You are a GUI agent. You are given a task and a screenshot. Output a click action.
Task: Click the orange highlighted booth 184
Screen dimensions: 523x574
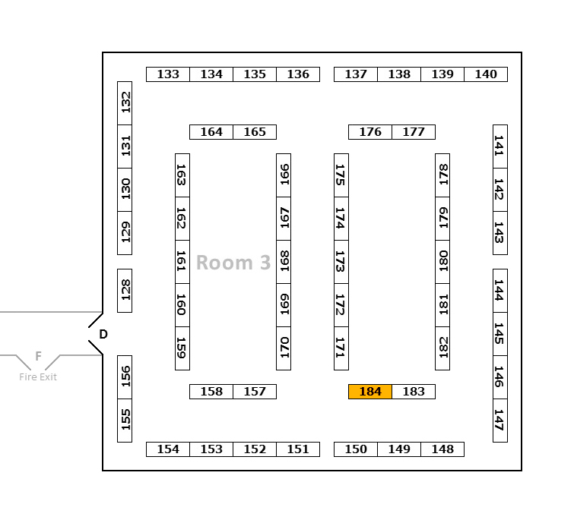click(370, 392)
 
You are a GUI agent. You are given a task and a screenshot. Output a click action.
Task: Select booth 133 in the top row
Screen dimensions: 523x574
click(168, 74)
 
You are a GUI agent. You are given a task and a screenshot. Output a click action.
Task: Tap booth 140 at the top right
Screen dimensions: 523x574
click(486, 74)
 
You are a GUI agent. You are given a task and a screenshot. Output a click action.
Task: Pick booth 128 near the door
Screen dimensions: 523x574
click(125, 290)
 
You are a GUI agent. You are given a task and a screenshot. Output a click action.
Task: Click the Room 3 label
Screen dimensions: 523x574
click(233, 263)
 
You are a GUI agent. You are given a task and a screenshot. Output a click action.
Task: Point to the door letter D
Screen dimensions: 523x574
click(103, 334)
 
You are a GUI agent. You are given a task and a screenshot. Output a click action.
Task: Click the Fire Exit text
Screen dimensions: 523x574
click(38, 377)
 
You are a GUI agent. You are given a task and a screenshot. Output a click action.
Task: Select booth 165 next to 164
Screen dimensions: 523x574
click(255, 132)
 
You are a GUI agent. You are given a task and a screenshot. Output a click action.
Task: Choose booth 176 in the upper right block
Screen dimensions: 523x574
click(370, 132)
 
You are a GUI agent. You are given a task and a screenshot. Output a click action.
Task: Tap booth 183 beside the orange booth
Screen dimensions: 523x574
click(414, 392)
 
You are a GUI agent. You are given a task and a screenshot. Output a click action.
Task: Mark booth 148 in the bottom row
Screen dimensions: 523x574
click(442, 449)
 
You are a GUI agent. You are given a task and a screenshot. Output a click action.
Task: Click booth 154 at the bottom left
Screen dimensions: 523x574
click(168, 449)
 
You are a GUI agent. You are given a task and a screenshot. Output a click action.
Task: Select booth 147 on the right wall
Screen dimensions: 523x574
click(499, 420)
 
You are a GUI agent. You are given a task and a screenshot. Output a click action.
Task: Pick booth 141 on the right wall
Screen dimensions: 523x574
click(499, 147)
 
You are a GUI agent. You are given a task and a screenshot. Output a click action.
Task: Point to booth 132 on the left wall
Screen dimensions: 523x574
click(125, 102)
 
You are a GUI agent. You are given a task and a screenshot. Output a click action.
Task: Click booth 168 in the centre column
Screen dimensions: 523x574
click(284, 262)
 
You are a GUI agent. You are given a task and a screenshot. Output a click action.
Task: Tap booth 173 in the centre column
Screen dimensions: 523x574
click(341, 262)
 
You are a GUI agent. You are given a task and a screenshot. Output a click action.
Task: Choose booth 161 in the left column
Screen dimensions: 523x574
click(182, 262)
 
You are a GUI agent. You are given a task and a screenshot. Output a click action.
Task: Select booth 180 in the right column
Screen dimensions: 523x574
click(442, 262)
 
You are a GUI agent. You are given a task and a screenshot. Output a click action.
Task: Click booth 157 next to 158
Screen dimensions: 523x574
click(255, 392)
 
